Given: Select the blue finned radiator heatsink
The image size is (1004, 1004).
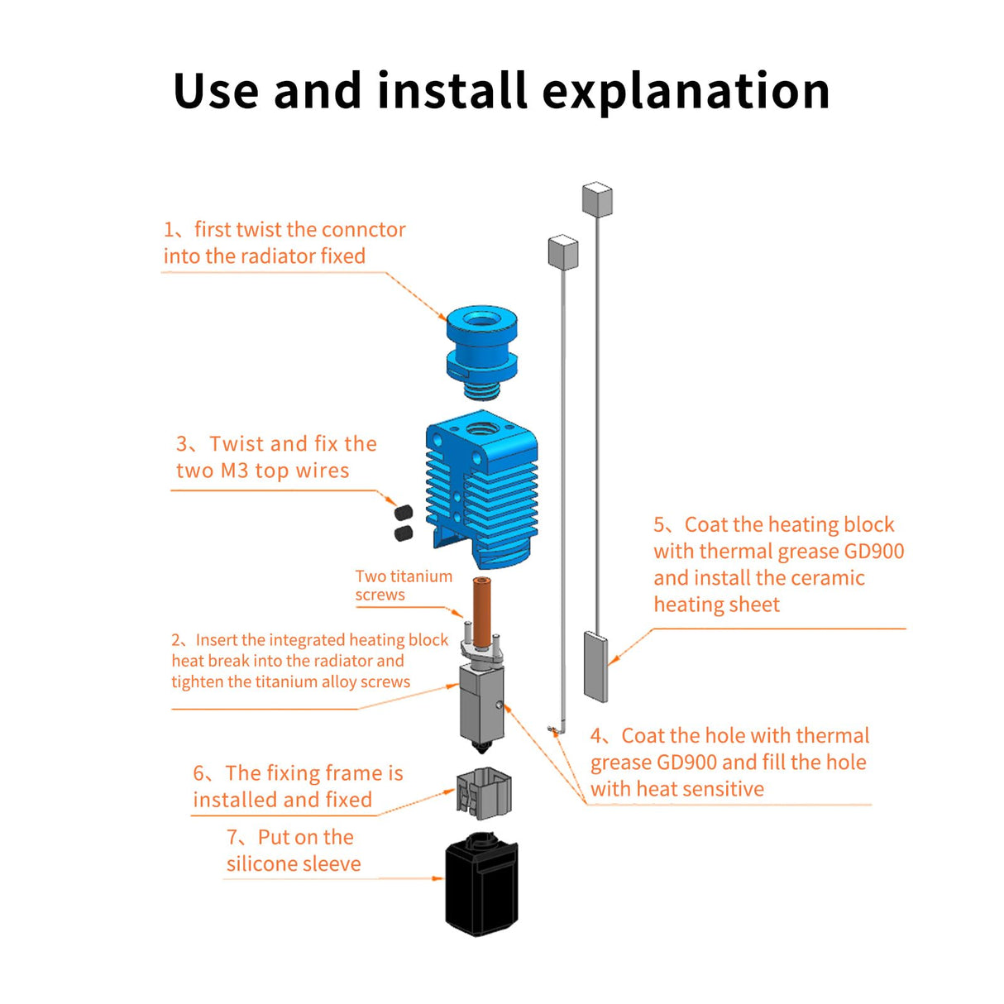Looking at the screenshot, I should [x=482, y=491].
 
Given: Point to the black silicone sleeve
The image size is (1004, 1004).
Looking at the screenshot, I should [x=481, y=885].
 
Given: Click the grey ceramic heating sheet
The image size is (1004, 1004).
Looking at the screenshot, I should [x=595, y=666].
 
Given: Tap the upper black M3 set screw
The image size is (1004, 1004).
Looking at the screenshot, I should [x=404, y=513].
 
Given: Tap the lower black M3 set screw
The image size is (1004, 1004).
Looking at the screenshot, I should [x=404, y=533].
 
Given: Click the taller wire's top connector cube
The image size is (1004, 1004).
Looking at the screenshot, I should [x=597, y=199].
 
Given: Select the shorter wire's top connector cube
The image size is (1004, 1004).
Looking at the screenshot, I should [x=562, y=251].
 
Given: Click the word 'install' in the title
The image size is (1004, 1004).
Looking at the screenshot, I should [x=452, y=91].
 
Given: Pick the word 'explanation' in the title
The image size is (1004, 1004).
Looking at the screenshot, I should [x=686, y=91].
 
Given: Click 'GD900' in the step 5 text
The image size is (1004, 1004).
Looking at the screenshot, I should [x=873, y=552].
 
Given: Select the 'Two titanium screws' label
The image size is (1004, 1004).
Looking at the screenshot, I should [x=404, y=586].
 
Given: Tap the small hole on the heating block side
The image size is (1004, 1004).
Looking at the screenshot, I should [x=500, y=705].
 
